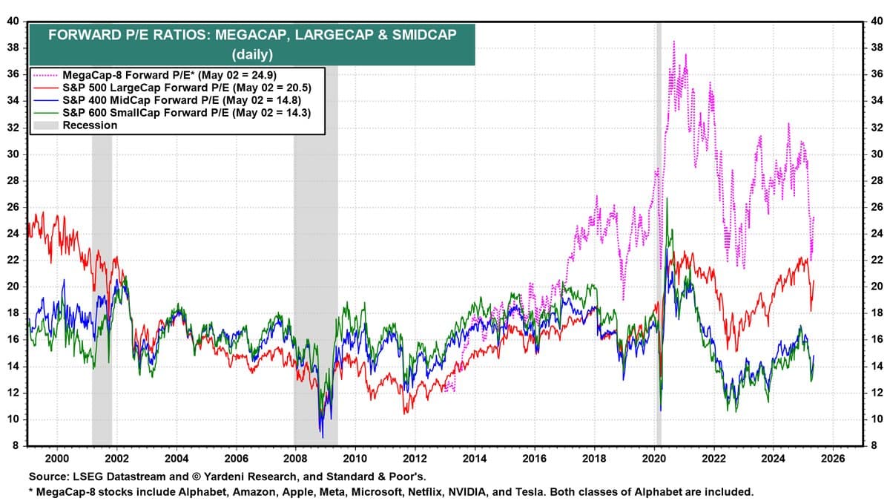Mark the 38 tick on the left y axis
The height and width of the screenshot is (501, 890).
(13, 48)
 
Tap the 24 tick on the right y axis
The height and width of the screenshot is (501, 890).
(876, 234)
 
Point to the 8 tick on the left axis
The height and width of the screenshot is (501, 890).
(16, 446)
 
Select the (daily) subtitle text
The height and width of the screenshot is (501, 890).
(252, 53)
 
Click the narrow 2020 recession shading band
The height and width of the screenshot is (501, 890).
(658, 223)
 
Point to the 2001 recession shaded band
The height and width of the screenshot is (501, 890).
(102, 223)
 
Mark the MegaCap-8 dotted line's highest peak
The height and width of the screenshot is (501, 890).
(673, 42)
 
